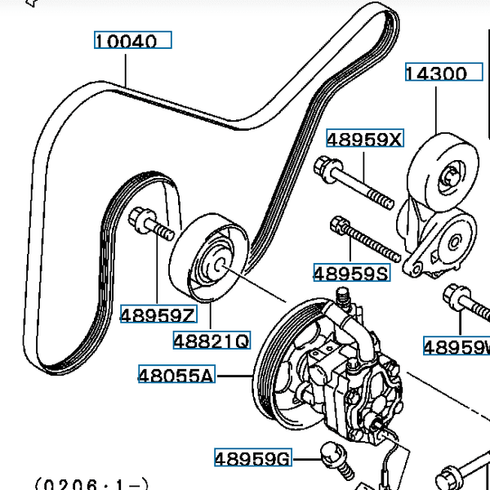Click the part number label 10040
(x=132, y=40)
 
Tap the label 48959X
(x=365, y=139)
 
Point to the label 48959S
(x=351, y=272)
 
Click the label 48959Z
(x=158, y=314)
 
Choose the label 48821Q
(x=211, y=339)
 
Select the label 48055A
(x=176, y=376)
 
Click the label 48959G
(x=252, y=459)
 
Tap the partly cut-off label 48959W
(x=457, y=347)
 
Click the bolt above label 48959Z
(x=150, y=224)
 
